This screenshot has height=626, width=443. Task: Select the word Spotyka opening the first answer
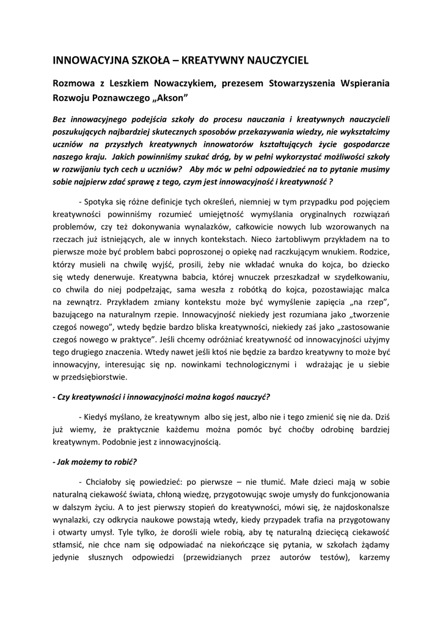coord(102,201)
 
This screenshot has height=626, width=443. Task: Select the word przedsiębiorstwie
coord(90,377)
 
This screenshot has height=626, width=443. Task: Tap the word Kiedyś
coord(101,416)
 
